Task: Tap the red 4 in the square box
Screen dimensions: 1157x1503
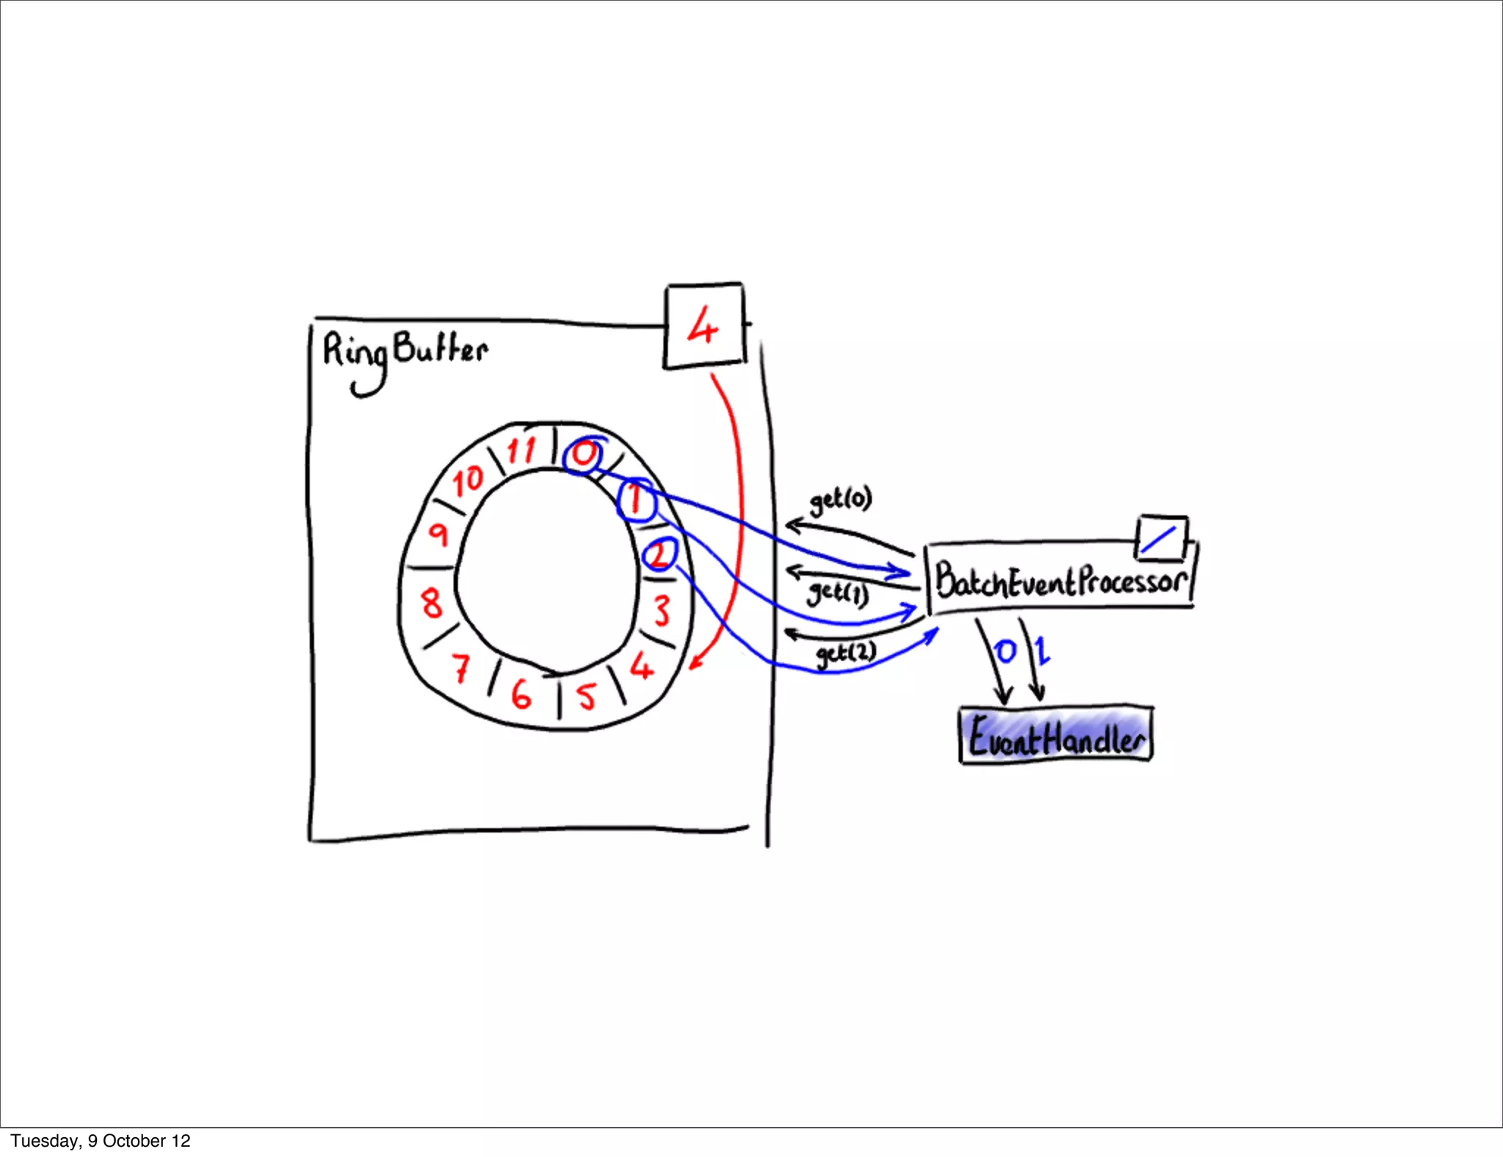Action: pyautogui.click(x=703, y=326)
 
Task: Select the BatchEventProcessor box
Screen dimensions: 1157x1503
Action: pyautogui.click(x=1060, y=580)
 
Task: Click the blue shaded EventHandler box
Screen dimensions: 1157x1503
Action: pyautogui.click(x=1056, y=736)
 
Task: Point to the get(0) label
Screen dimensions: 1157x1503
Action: pyautogui.click(x=840, y=500)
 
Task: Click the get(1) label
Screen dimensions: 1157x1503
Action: pyautogui.click(x=837, y=592)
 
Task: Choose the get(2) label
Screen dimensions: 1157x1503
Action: pyautogui.click(x=846, y=653)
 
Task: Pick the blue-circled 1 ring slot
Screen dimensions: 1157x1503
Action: pyautogui.click(x=636, y=500)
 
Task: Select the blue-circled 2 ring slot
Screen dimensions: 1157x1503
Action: pyautogui.click(x=659, y=555)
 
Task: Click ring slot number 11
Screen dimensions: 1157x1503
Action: pyautogui.click(x=521, y=449)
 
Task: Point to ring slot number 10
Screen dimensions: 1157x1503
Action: pyautogui.click(x=467, y=481)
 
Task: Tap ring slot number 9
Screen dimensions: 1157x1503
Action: pyautogui.click(x=438, y=534)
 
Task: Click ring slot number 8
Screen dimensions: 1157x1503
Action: pyautogui.click(x=432, y=603)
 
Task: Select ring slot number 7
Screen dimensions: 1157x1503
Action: pyautogui.click(x=460, y=667)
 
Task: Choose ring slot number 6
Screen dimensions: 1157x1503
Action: pyautogui.click(x=520, y=694)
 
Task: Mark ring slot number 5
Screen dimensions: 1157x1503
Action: pyautogui.click(x=586, y=695)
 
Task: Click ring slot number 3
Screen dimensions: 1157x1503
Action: pyautogui.click(x=661, y=610)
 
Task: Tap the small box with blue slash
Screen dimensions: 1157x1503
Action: pyautogui.click(x=1161, y=537)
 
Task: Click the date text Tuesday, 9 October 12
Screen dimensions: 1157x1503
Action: pyautogui.click(x=101, y=1141)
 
